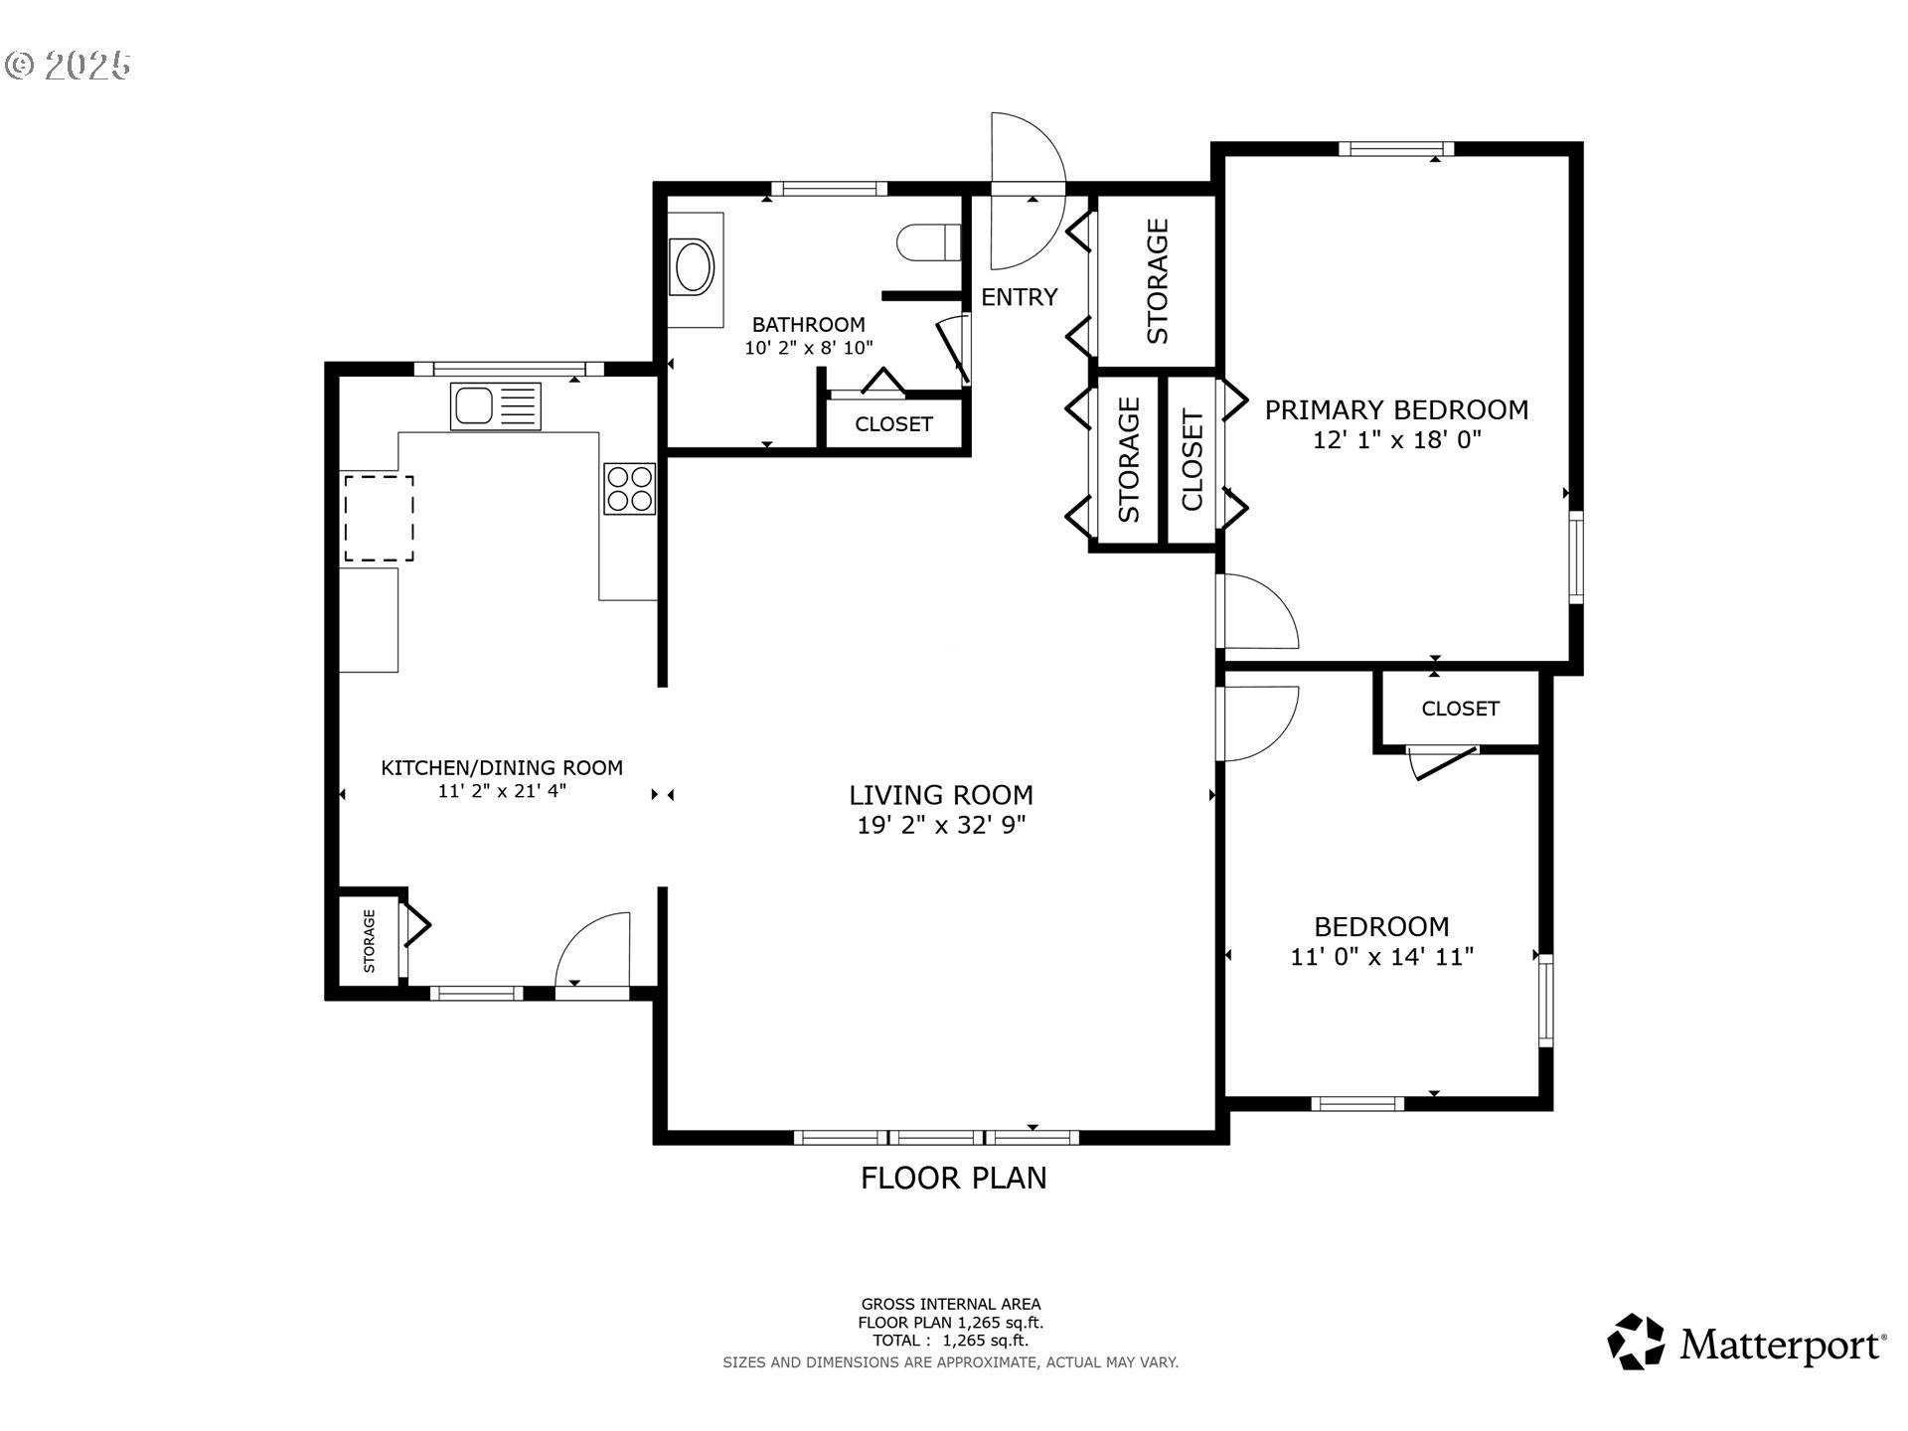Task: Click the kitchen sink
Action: pos(496,406)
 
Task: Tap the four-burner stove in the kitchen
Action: pos(629,489)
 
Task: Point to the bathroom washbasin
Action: pos(693,265)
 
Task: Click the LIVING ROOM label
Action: pos(941,795)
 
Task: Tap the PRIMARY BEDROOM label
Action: pos(1396,409)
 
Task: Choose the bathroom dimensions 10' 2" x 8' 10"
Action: pos(809,348)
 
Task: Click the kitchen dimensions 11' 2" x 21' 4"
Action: pos(502,791)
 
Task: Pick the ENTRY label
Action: pos(1019,297)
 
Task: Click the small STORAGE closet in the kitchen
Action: pos(369,940)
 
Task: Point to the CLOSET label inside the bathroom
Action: pos(893,424)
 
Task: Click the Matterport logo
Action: pos(1746,1344)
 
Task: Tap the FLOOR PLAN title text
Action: pos(953,1178)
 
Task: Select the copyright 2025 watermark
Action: pos(68,66)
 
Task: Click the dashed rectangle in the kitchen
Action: pos(379,519)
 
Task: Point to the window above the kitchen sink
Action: pos(509,369)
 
